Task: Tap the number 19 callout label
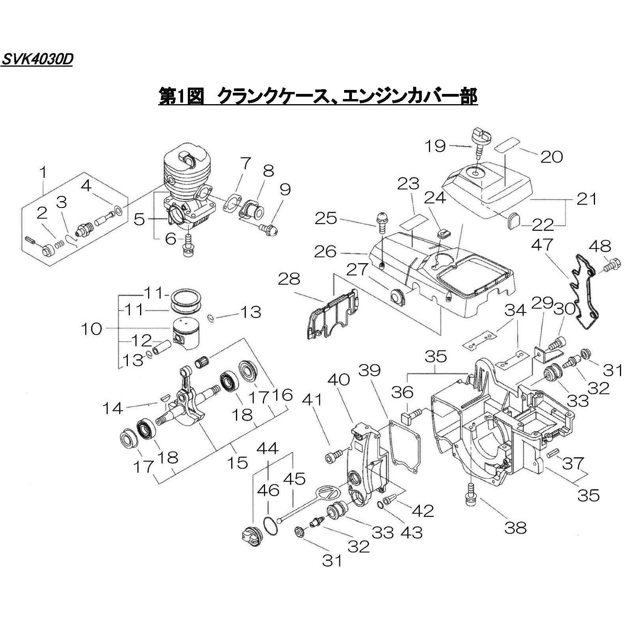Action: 436,146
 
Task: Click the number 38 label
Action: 515,527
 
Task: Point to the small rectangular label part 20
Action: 506,144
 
